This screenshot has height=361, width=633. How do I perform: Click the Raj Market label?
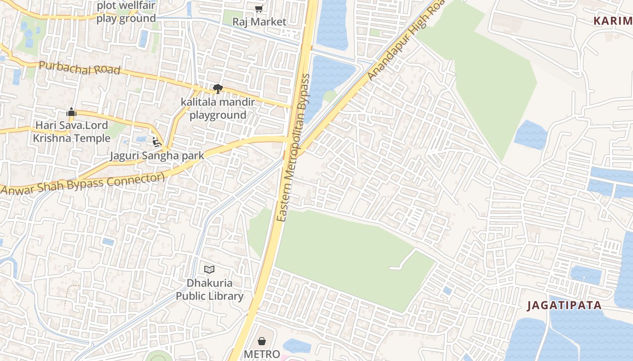tap(259, 22)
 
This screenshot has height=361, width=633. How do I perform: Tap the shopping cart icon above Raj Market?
tap(259, 9)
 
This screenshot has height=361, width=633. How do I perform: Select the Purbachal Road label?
tap(80, 68)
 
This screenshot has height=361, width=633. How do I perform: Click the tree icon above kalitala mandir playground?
tap(218, 88)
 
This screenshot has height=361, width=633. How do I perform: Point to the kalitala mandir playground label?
tap(218, 109)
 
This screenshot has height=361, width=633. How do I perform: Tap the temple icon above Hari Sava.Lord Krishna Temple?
tap(71, 112)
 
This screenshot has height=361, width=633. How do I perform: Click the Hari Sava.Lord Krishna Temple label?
tap(71, 132)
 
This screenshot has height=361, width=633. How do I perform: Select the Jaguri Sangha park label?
tap(157, 156)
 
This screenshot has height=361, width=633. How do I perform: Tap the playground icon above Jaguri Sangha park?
tap(156, 142)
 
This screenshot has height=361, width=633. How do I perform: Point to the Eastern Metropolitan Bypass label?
tap(294, 148)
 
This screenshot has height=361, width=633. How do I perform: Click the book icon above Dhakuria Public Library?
tap(209, 270)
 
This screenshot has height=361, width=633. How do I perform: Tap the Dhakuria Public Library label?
tap(210, 290)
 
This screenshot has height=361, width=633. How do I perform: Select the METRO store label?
tap(262, 354)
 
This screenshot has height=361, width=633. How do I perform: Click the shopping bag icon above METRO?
tap(262, 341)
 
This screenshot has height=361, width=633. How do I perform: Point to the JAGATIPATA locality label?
tap(565, 305)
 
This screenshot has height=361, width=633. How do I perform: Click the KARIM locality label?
tap(613, 21)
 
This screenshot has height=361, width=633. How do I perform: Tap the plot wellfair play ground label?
tap(126, 12)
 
